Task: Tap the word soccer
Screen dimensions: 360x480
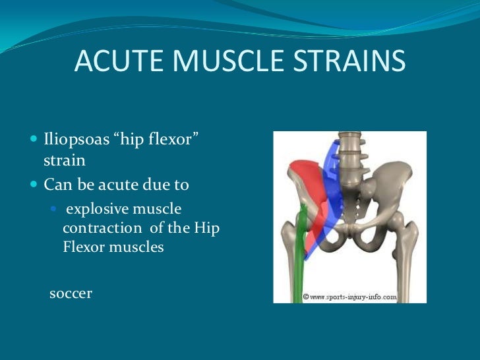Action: coord(71,293)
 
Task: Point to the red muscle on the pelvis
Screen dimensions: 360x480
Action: coord(305,185)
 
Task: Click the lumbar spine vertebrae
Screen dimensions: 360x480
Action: coord(349,158)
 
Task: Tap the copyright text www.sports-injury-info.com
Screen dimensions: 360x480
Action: coord(349,297)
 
